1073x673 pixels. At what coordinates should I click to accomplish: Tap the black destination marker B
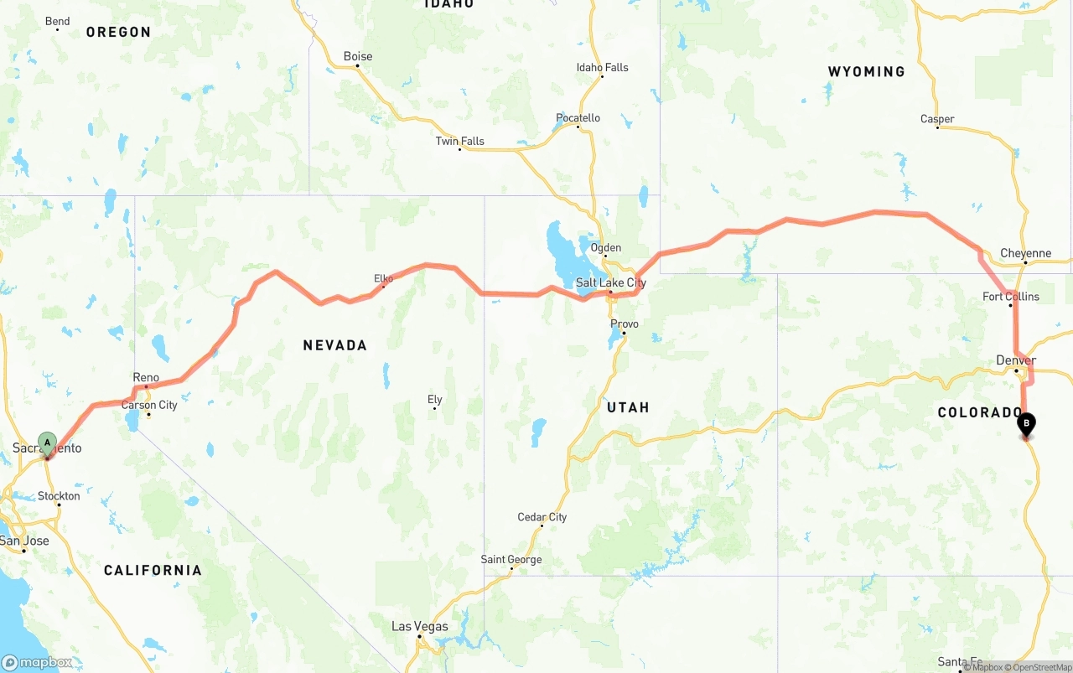pos(1026,424)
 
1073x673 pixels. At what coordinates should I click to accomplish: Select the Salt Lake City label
pos(611,282)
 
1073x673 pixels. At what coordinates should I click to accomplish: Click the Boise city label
pos(358,57)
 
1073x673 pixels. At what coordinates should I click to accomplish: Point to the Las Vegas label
pos(420,626)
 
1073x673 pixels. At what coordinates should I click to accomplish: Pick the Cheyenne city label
pos(1025,253)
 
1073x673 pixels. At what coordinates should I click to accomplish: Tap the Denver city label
pos(1016,360)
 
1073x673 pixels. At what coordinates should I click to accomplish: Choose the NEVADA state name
pos(335,345)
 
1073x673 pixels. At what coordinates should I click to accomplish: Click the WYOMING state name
pos(866,72)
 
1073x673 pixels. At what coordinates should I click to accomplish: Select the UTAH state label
pos(628,407)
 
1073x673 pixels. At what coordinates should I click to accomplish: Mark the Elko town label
pos(383,278)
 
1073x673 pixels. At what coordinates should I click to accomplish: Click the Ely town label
pos(434,400)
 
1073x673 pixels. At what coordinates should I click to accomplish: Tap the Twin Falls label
pos(459,141)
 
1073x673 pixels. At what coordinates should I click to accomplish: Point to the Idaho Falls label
pos(602,68)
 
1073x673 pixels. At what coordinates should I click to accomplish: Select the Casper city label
pos(937,119)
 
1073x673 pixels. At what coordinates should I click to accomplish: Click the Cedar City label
pos(542,517)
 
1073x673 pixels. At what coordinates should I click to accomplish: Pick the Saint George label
pos(511,559)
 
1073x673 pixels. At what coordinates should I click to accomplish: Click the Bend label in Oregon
pos(57,21)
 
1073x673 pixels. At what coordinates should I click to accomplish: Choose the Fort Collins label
pos(1011,297)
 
